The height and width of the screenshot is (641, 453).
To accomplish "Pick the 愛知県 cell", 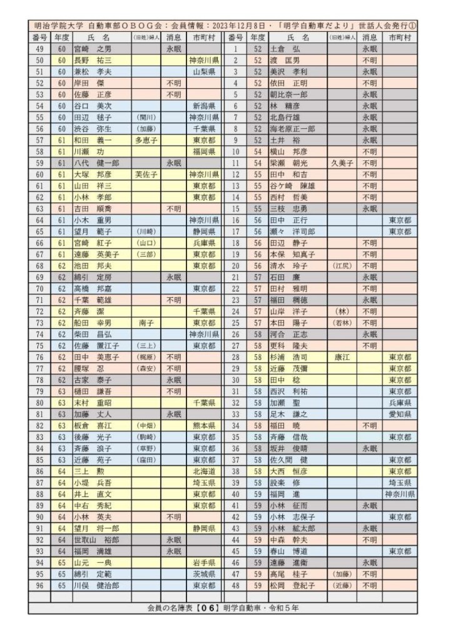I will click(x=400, y=413).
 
